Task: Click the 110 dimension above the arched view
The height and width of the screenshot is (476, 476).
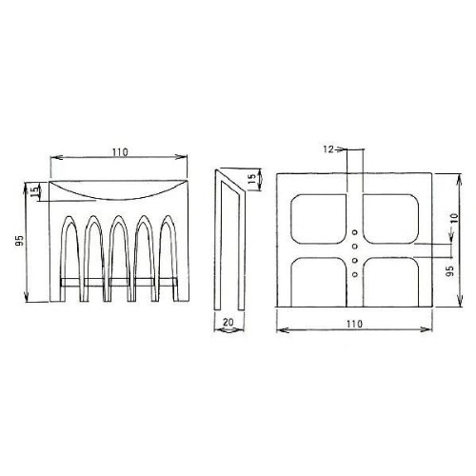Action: (x=120, y=152)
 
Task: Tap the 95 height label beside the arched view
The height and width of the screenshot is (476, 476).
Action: (x=20, y=241)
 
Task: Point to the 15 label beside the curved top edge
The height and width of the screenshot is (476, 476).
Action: (x=36, y=191)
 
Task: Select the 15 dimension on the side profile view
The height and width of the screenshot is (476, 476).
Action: (x=251, y=180)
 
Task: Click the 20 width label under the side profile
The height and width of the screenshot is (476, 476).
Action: (x=228, y=322)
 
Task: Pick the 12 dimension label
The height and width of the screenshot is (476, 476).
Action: (x=328, y=149)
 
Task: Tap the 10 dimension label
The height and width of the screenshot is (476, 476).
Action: (x=455, y=218)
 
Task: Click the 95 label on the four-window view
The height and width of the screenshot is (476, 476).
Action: (x=450, y=270)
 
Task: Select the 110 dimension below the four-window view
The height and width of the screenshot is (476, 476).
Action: (x=354, y=324)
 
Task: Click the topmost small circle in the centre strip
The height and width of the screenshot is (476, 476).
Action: (x=355, y=232)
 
